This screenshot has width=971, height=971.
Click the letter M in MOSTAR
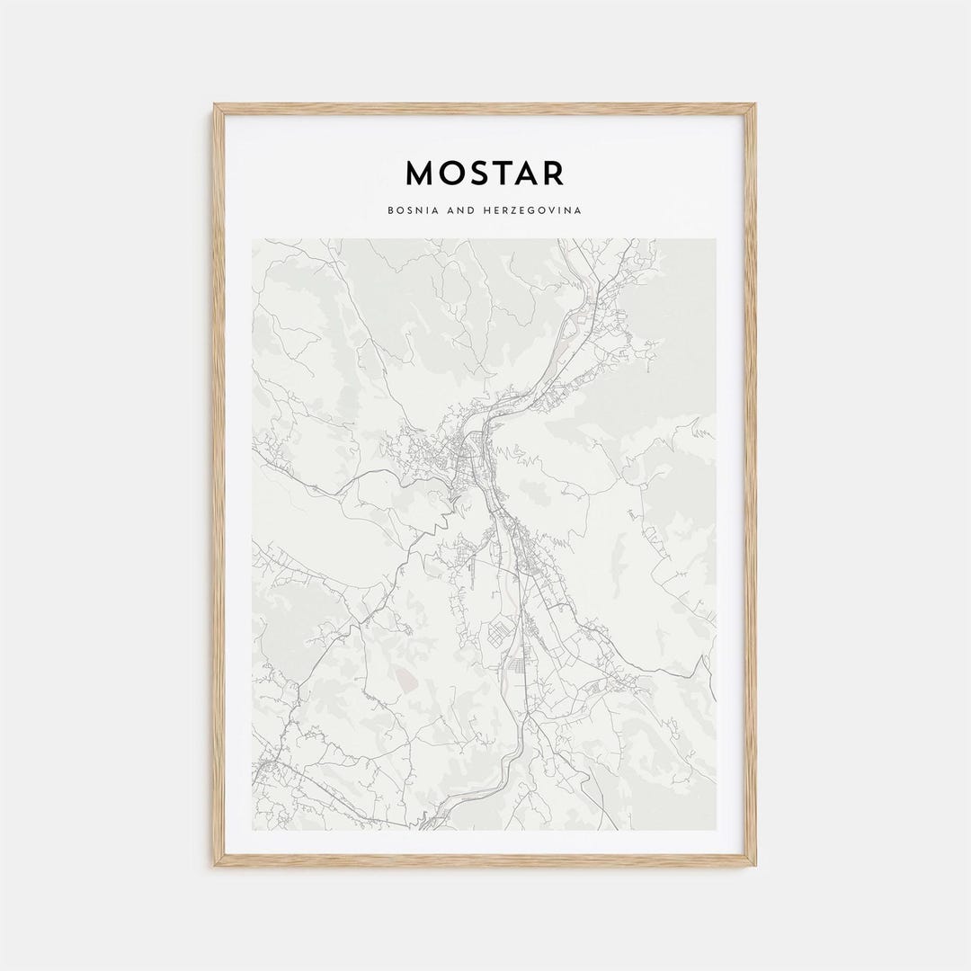point(421,173)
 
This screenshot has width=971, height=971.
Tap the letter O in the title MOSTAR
point(452,173)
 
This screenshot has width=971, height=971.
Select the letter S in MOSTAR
point(481,173)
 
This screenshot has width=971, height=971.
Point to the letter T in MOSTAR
point(505,173)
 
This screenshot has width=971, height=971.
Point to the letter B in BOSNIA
point(390,210)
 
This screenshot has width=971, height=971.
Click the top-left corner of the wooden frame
point(216,106)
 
